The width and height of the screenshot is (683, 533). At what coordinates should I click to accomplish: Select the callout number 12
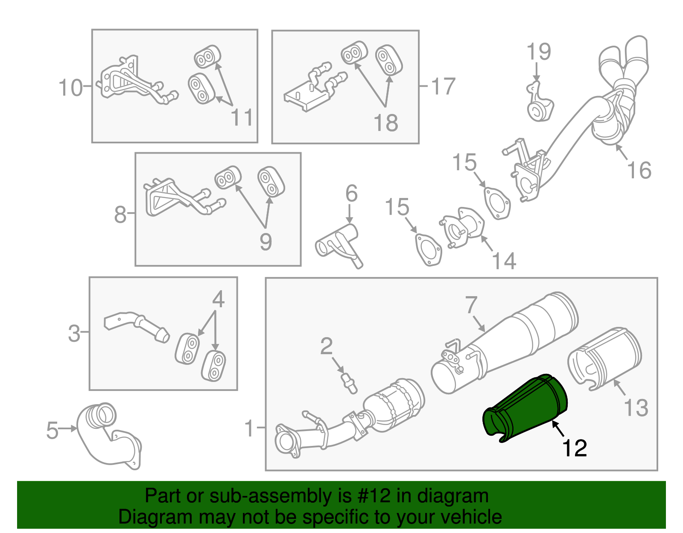click(575, 448)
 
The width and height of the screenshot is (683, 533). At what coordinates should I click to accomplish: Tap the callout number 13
click(636, 408)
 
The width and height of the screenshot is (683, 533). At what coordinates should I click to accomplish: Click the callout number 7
click(471, 305)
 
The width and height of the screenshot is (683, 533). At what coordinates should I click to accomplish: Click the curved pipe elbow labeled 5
click(107, 435)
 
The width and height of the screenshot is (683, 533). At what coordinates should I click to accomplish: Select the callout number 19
click(539, 52)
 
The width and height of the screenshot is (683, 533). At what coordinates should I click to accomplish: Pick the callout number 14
click(504, 260)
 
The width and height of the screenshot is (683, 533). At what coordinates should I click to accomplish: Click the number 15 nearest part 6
click(397, 207)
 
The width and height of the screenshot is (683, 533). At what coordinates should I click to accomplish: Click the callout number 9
click(266, 242)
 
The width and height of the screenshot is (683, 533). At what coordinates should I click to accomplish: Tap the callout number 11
click(242, 117)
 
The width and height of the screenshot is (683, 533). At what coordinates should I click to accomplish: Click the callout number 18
click(385, 123)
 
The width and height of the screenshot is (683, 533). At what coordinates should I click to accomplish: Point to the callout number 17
click(444, 87)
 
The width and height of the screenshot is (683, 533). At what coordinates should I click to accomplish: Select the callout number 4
click(218, 300)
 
